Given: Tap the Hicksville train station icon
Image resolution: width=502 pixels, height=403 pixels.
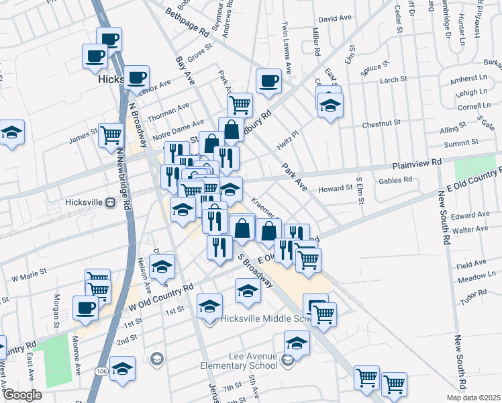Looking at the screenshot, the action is (x=111, y=201).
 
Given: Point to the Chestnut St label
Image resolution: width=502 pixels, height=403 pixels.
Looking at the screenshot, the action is (x=381, y=124).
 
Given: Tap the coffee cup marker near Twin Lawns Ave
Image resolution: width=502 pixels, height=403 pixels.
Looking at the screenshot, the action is (x=269, y=81).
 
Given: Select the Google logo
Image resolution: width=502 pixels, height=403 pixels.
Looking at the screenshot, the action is (x=22, y=395).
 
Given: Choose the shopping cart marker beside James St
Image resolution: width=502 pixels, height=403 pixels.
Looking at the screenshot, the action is (x=111, y=134).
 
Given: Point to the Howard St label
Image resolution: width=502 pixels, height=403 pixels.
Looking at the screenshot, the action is (x=335, y=189).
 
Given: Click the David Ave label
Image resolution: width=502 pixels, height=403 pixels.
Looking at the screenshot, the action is (x=336, y=19).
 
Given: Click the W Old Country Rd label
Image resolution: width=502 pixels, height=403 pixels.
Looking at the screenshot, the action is (x=161, y=296).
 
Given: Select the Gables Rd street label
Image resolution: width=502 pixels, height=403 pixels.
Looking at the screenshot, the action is (x=395, y=180).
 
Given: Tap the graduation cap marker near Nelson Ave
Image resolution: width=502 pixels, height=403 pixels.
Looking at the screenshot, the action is (x=162, y=267).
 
